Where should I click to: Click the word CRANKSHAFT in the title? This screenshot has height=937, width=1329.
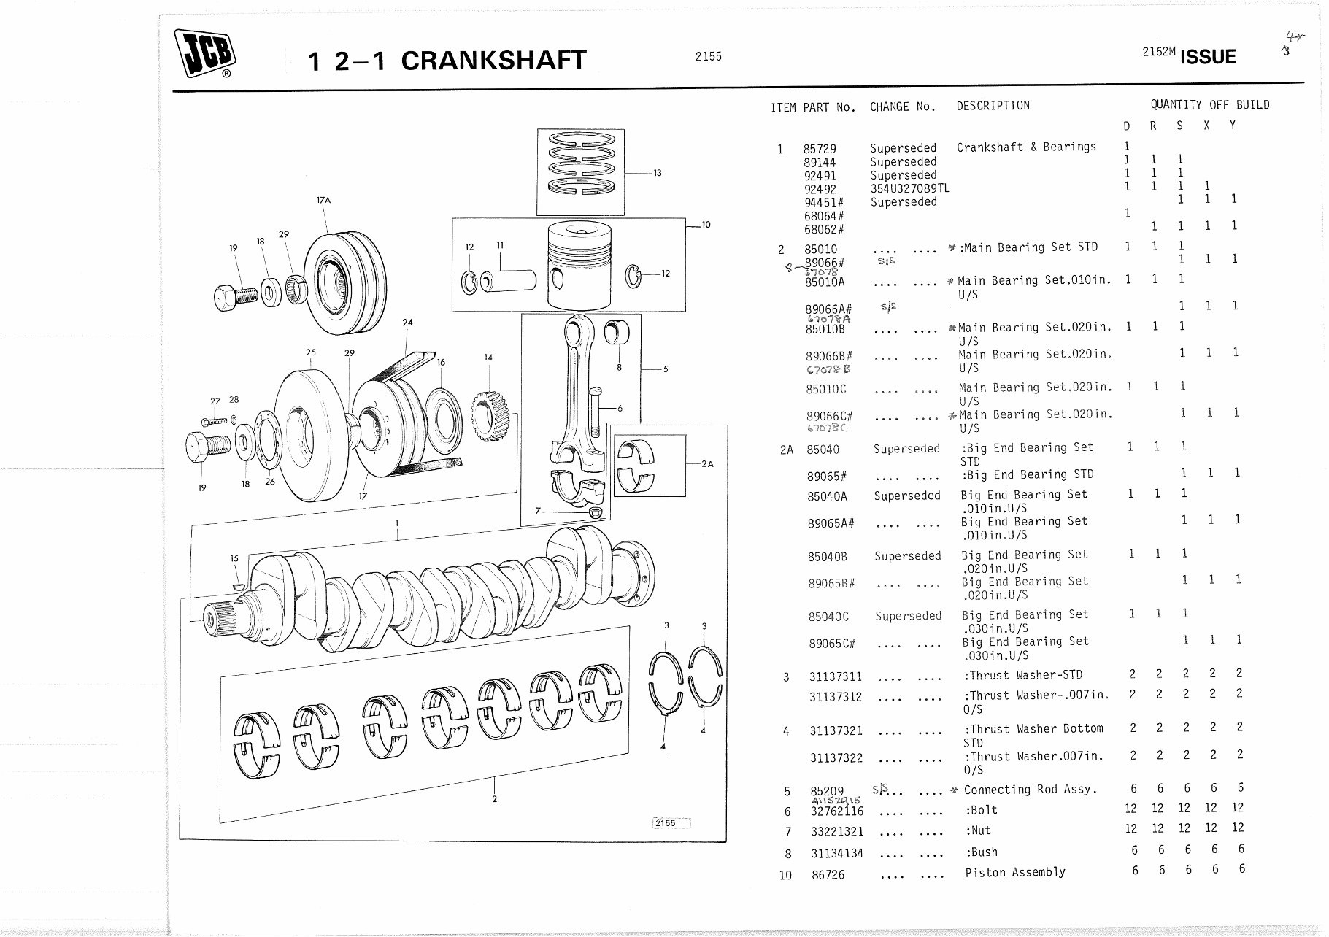493,61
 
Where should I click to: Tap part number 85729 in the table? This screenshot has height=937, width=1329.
819,149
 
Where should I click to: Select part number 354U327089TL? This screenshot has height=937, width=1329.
909,188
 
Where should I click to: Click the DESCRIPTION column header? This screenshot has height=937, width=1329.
993,106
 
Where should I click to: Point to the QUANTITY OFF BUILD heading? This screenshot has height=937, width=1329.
1209,104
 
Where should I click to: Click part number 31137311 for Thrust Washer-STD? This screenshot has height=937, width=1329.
835,676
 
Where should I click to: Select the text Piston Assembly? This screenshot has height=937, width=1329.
1014,872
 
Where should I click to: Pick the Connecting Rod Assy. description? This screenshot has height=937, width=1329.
1030,790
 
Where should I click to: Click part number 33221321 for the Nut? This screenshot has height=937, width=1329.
837,831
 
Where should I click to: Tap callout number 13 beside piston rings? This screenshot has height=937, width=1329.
657,173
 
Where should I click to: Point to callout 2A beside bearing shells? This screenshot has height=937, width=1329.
706,463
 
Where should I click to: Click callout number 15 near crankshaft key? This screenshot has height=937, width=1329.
234,558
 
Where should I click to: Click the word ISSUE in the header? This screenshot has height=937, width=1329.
1207,57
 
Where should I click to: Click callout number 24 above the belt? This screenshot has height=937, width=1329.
407,322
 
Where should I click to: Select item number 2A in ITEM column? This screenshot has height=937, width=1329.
786,450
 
